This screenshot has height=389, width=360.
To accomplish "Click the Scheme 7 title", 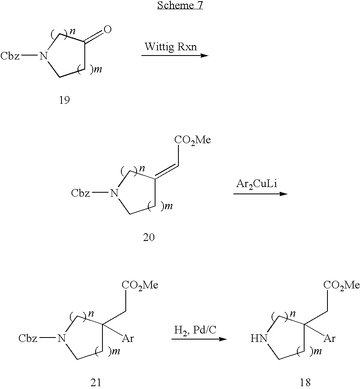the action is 180,6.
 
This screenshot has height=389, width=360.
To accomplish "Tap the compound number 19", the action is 64,100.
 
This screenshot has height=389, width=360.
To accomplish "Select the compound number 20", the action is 149,238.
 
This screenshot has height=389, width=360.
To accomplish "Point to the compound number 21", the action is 96,382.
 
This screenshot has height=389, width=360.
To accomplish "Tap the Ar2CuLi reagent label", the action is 257,185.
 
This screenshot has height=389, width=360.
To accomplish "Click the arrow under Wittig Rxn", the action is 175,55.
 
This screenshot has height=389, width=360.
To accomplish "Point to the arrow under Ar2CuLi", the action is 260,194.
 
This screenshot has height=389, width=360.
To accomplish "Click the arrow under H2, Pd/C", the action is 199,339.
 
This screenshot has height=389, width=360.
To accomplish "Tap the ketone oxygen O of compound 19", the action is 107,29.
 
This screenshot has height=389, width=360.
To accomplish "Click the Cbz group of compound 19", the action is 10,56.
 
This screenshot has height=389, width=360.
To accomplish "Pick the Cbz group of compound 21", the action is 28,338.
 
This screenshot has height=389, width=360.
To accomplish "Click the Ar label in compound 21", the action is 128,338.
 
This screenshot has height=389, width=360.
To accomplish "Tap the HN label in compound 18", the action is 258,339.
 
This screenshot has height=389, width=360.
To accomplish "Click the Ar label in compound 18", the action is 329,338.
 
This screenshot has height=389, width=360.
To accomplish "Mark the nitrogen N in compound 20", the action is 115,194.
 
